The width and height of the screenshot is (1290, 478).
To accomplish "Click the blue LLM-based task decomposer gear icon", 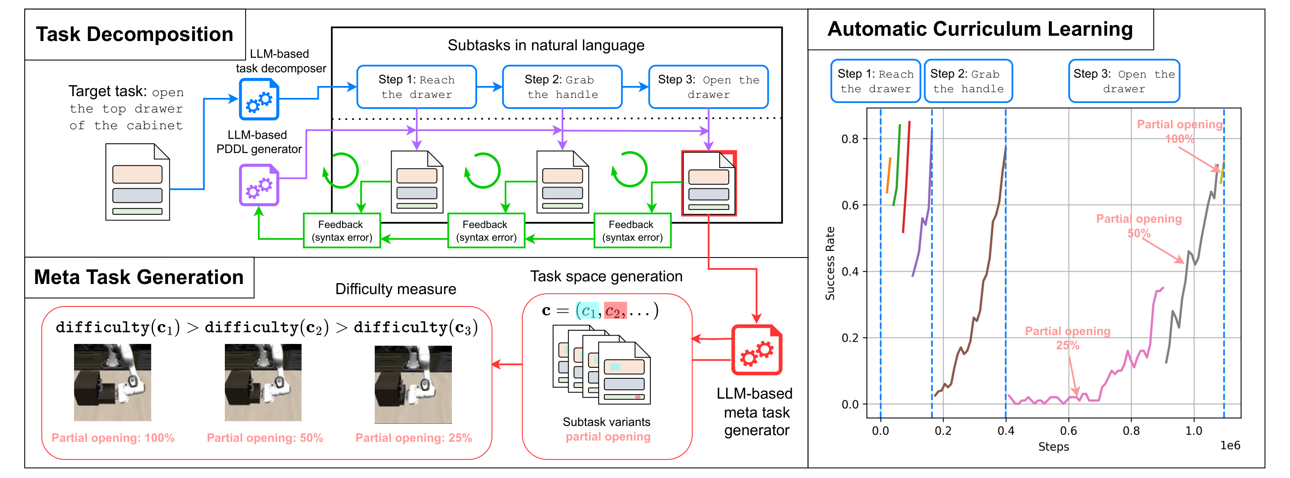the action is [x=258, y=99].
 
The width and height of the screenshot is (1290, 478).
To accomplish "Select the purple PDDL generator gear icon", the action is [x=258, y=185].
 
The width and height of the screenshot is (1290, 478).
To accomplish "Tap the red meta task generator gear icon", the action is [x=757, y=350].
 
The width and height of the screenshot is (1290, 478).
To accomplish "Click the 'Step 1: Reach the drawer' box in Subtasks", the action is [x=416, y=87].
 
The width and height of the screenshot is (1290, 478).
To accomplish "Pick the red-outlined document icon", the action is [x=708, y=183].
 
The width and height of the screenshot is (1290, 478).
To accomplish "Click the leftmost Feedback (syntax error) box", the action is [x=342, y=231].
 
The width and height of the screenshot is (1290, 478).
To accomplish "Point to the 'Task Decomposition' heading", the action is [x=134, y=34].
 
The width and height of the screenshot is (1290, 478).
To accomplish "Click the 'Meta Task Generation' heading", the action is [x=139, y=277].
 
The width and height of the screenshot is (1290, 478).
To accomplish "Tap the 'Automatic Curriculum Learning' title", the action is [x=980, y=29].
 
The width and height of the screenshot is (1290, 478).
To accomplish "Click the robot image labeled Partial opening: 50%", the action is [x=263, y=382].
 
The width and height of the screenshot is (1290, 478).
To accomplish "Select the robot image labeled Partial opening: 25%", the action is [x=413, y=385].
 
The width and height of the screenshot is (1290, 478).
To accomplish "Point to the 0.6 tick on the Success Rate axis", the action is [x=850, y=205].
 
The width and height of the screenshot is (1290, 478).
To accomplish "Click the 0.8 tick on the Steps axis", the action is [x=1131, y=431].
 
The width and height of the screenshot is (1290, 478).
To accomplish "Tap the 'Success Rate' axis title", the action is [x=830, y=264].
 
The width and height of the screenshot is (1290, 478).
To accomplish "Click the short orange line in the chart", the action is [x=888, y=176].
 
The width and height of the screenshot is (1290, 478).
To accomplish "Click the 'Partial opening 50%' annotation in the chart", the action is [x=1139, y=226].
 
